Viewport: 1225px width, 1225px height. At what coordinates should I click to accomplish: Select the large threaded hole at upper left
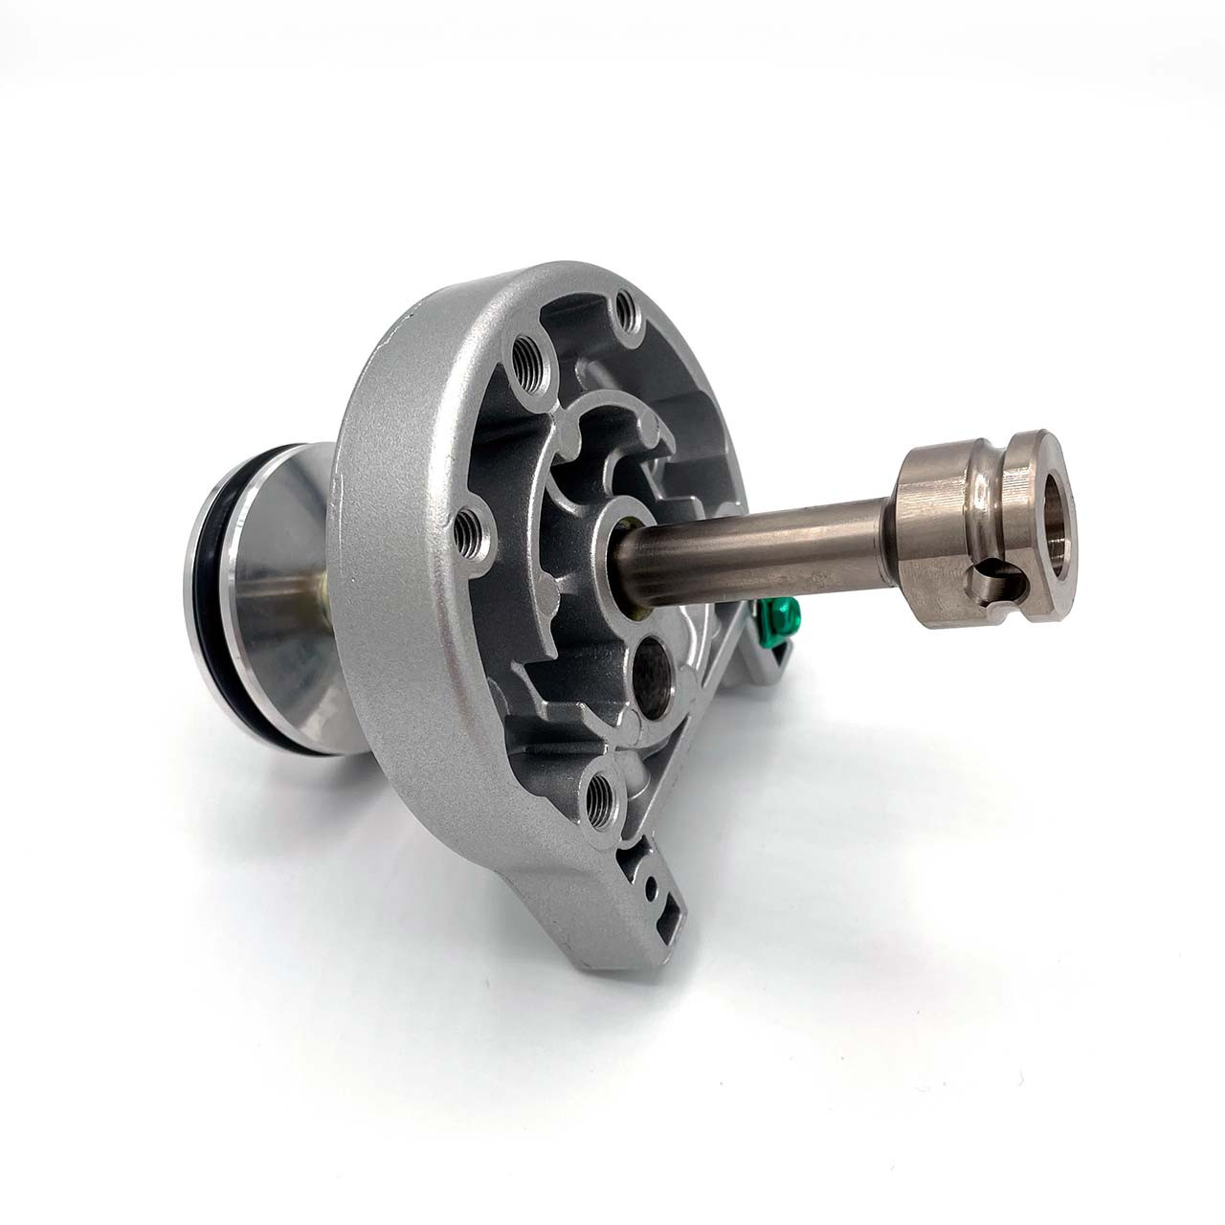coord(525,368)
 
